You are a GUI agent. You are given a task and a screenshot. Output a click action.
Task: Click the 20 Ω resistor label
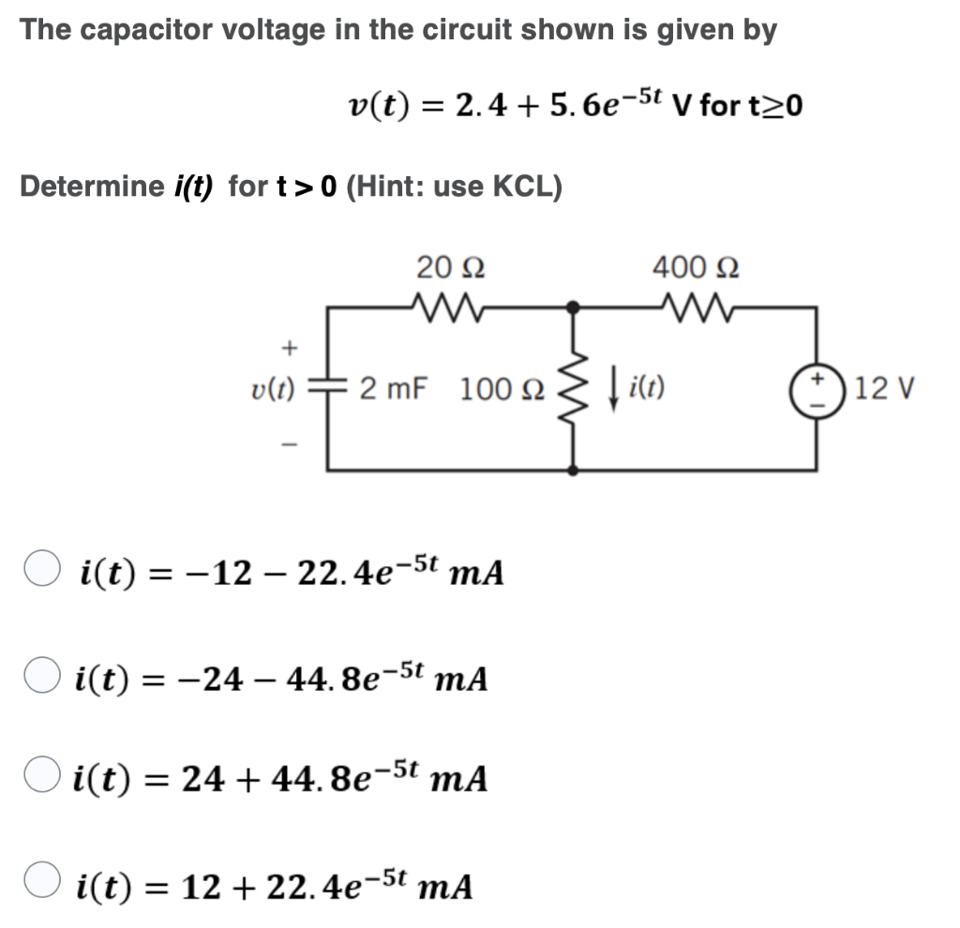click(x=450, y=268)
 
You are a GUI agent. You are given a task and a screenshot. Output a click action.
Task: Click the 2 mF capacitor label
click(x=393, y=388)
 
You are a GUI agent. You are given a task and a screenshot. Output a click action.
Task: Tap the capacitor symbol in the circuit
click(x=327, y=388)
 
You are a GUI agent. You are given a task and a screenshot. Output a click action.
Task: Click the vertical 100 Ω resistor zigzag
click(x=574, y=387)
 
